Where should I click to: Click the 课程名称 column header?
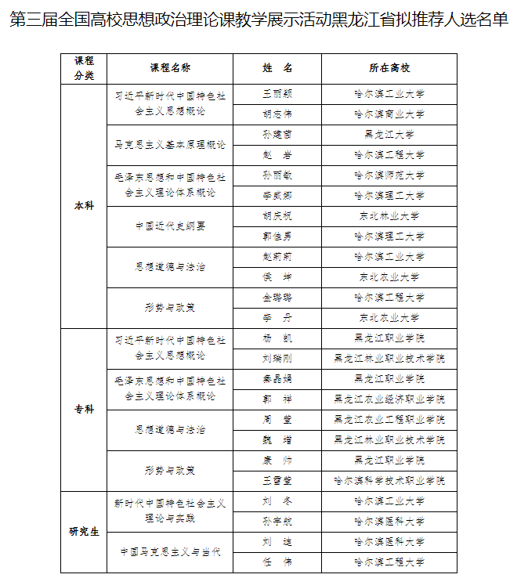tap(169, 68)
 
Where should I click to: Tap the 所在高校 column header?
tap(389, 68)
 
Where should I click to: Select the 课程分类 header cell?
tap(84, 68)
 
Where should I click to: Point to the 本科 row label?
tap(84, 206)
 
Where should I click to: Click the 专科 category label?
tap(84, 410)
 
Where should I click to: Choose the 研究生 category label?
tap(84, 532)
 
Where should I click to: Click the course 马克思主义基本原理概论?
tap(169, 145)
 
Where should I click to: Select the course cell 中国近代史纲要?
tap(169, 226)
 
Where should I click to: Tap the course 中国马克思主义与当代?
tap(169, 552)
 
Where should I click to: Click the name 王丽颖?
tap(277, 94)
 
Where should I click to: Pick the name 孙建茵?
tap(277, 135)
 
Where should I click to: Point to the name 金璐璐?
tap(277, 298)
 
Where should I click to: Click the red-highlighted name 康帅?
tap(277, 460)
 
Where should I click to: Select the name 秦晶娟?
tap(277, 379)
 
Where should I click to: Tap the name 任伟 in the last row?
tap(277, 562)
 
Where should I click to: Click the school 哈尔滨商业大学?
tap(389, 114)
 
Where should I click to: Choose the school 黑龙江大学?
tap(389, 135)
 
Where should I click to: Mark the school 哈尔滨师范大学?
tap(389, 175)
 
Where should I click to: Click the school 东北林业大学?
tap(389, 216)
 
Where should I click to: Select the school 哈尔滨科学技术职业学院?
tap(389, 480)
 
